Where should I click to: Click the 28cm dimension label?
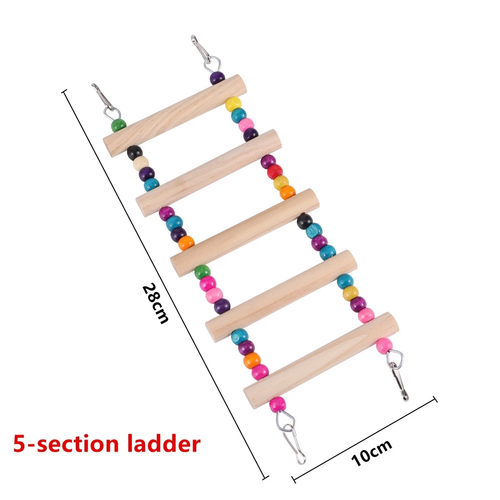click(x=155, y=303)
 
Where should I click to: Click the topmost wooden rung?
click(x=175, y=116)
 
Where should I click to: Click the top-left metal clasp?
click(x=106, y=101)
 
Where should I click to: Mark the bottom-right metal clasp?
click(x=396, y=375)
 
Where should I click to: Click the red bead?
click(x=275, y=171)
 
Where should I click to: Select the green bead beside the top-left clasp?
click(x=119, y=125)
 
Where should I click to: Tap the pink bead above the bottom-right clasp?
click(x=384, y=346)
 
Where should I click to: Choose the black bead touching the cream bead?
click(x=135, y=152)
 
